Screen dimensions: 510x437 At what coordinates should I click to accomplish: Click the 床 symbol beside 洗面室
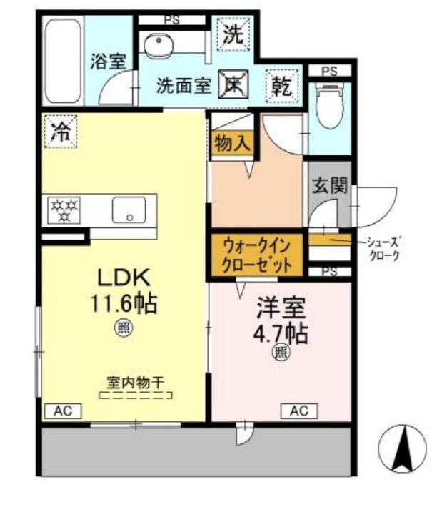(232, 84)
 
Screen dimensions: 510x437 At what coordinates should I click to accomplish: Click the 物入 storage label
(232, 142)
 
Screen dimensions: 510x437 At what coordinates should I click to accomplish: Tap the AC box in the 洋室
(298, 411)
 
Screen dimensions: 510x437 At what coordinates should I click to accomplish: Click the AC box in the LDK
(63, 411)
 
